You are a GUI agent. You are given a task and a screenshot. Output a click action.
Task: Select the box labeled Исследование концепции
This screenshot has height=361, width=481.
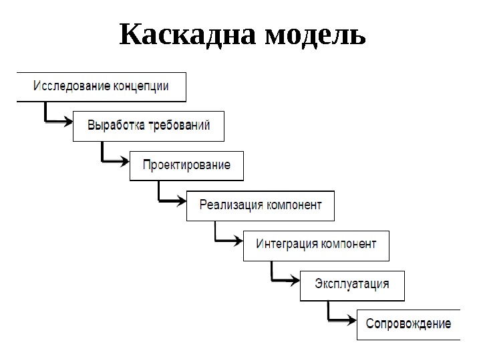coord(101,86)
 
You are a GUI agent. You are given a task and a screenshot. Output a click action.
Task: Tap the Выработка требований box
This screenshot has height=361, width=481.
coord(148,126)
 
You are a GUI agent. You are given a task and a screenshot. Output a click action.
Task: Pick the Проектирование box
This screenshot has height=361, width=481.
coord(186,165)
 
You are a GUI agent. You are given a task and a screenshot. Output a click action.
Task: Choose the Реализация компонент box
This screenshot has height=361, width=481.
coord(261,205)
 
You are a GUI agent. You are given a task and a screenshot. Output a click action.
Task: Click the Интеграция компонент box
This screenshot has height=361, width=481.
coord(316,245)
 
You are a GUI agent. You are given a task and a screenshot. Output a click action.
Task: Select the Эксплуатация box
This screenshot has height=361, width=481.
coord(352,284)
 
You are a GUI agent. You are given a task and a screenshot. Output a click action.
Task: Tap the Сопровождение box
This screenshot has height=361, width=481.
coord(408,324)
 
